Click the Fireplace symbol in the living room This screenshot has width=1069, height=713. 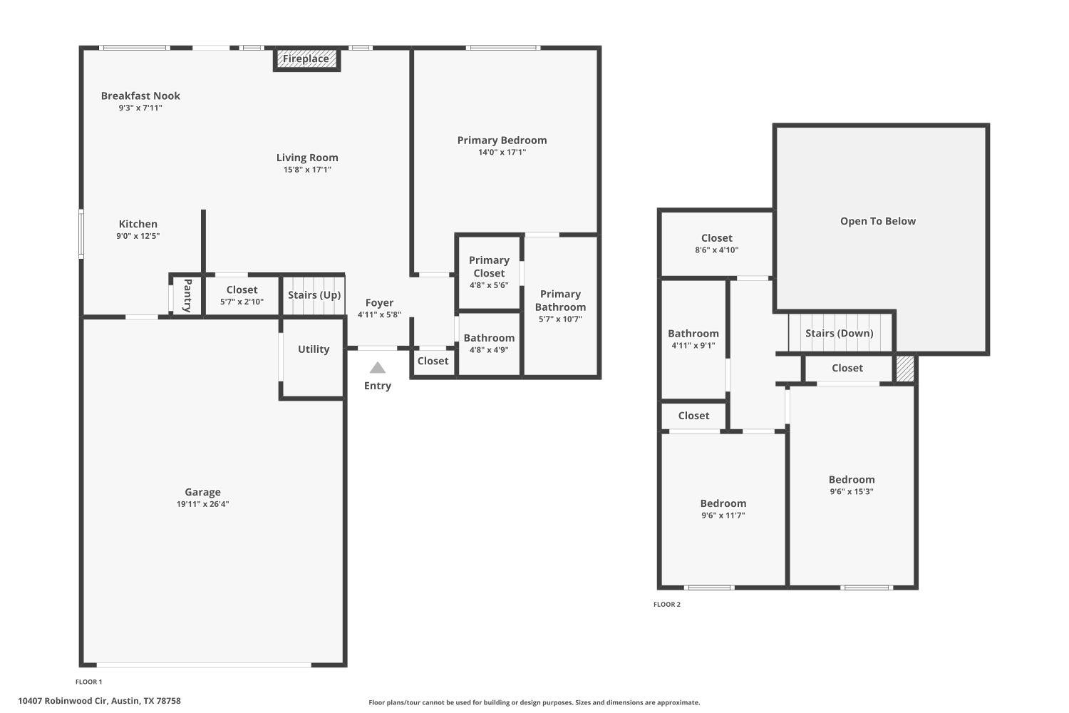(306, 59)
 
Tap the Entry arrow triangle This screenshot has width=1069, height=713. (378, 368)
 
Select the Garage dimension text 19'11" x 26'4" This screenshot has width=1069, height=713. (202, 504)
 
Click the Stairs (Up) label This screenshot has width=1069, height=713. (314, 295)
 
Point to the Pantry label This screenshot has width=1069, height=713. (187, 295)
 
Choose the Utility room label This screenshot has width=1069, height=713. (314, 349)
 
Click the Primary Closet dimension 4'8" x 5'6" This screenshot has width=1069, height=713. (489, 285)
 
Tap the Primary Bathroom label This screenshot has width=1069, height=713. (560, 300)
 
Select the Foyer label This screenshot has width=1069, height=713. (379, 303)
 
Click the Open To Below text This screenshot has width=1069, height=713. (878, 221)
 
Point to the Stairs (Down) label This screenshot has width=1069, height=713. (840, 333)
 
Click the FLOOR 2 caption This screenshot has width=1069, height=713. (667, 605)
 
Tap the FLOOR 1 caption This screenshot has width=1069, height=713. (89, 682)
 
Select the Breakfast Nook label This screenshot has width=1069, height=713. (140, 96)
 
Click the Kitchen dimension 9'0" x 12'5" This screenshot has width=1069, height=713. (138, 236)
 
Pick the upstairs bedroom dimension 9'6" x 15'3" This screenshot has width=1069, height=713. (852, 491)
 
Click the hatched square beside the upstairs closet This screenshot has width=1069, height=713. (904, 369)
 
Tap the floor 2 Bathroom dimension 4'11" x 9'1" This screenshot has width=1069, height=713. (693, 345)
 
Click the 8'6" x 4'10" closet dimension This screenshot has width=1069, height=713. (716, 250)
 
